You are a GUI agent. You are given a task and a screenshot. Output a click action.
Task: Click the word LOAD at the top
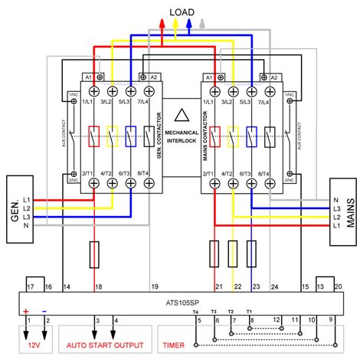click(x=181, y=11)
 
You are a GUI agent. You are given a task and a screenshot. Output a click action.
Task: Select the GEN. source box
click(x=17, y=201)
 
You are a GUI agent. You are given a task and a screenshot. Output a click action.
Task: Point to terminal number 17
click(x=31, y=286)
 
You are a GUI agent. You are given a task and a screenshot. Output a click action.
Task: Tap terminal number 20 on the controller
click(x=338, y=286)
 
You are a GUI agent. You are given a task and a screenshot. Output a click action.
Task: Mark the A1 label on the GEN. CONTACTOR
click(x=87, y=77)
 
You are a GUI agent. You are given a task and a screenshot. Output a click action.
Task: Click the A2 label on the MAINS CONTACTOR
click(x=275, y=77)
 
